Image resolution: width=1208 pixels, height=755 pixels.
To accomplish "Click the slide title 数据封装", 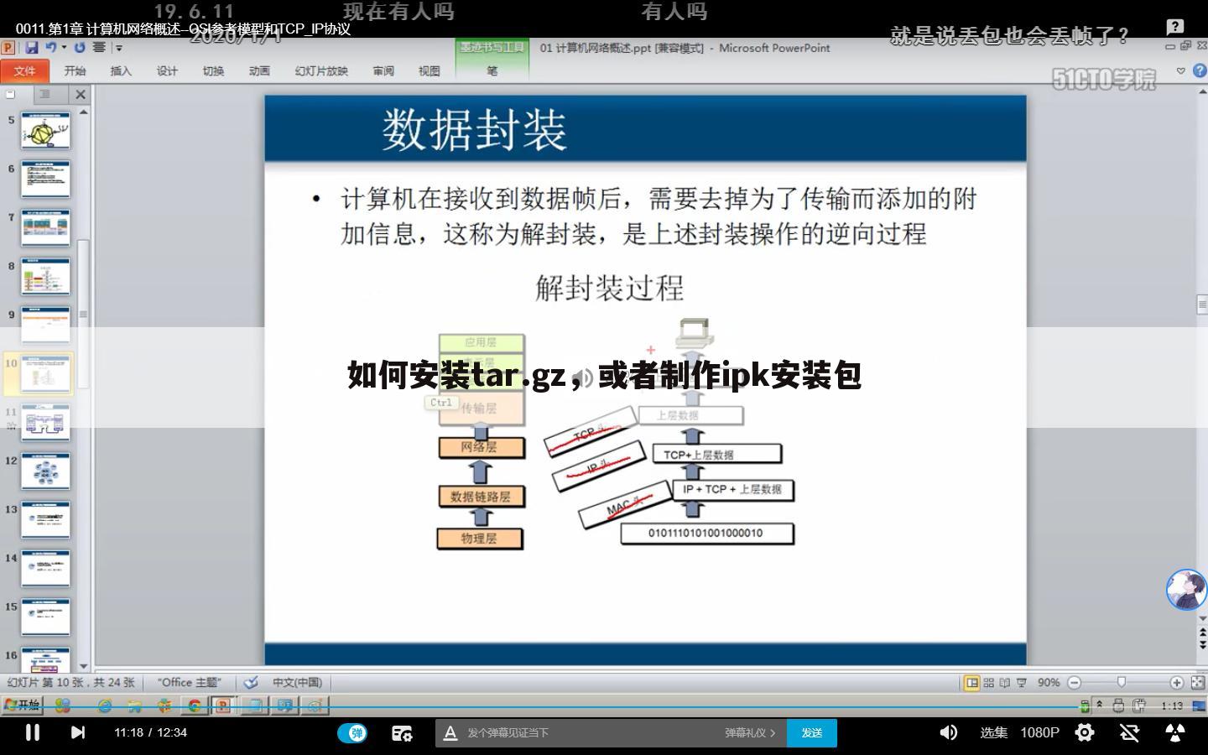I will (x=475, y=130).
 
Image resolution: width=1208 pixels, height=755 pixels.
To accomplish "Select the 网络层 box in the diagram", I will (x=481, y=447).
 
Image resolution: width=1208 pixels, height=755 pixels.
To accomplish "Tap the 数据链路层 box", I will (x=481, y=496).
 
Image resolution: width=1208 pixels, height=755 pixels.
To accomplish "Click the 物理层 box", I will (x=480, y=538).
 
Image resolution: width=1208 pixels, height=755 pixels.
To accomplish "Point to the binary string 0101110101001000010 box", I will (x=706, y=534).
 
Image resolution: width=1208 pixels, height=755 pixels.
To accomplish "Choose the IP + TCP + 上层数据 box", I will (x=732, y=489).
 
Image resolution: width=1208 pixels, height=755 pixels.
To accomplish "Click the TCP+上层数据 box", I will (x=716, y=455).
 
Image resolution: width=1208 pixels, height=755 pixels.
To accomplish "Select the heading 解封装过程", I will (x=610, y=289).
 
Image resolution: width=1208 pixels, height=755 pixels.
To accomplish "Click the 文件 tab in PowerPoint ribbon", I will (x=24, y=71).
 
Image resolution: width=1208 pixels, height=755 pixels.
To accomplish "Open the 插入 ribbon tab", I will (x=121, y=71).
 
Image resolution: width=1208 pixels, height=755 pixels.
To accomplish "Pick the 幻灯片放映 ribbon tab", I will (x=320, y=71).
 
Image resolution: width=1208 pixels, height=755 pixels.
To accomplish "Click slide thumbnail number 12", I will (x=45, y=471).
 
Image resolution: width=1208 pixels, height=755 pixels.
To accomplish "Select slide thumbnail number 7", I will (x=45, y=227).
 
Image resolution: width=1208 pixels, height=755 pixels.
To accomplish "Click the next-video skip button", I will (x=78, y=732).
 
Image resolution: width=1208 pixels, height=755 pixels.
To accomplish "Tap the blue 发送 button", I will (x=811, y=732).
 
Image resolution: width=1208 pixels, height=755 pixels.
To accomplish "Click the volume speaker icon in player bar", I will (x=949, y=732).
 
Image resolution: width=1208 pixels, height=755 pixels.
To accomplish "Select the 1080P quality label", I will (x=1039, y=732).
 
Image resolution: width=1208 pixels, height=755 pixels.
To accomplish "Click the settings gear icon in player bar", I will (x=1085, y=732).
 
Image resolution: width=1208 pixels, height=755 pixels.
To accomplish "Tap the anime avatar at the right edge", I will (x=1186, y=590).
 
